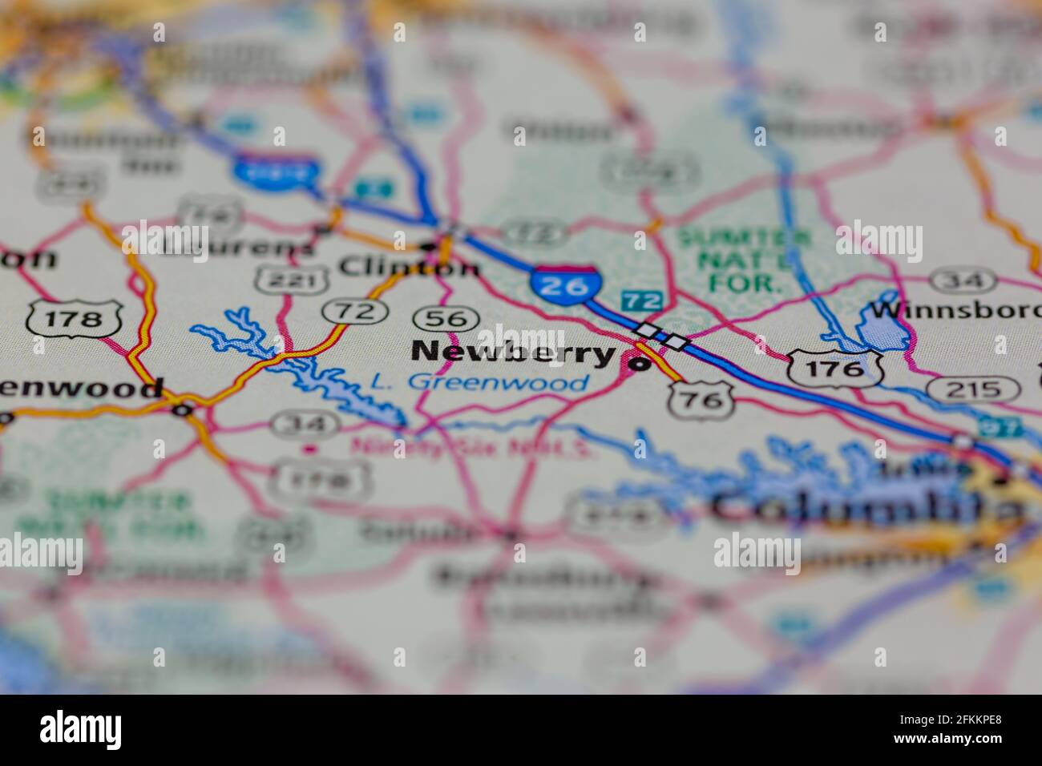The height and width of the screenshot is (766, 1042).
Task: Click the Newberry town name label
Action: pos(513,353)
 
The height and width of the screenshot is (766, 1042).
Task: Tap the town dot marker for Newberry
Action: pos(640,365)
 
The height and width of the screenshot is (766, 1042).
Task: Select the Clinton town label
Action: pos(409,264)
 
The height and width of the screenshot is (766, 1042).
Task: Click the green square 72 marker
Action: pos(642,301)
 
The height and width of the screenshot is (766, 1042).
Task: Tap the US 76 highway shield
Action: pos(702,398)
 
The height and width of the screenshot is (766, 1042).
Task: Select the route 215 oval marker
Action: pos(972,389)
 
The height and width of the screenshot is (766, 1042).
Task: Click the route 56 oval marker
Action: pos(446,318)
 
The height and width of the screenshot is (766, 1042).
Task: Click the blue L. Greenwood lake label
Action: pos(479,382)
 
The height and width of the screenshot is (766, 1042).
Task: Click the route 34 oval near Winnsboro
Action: pos(963,280)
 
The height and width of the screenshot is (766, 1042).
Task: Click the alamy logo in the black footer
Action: pos(81,730)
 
